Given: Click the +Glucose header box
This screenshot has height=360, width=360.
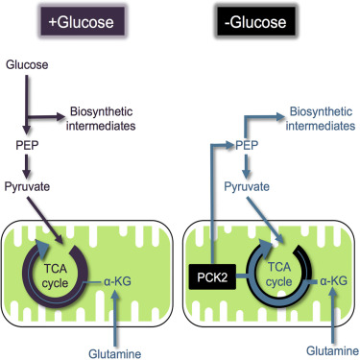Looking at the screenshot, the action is click(x=82, y=21).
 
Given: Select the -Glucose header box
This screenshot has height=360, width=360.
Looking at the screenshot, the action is click(x=255, y=21).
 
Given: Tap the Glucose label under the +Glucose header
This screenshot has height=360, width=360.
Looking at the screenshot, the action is click(x=27, y=64).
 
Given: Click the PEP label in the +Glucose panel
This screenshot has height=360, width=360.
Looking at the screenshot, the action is click(x=27, y=145).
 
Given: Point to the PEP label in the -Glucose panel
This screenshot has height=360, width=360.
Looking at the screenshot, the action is click(x=247, y=145).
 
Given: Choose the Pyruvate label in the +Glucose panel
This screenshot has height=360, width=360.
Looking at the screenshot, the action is click(x=27, y=186).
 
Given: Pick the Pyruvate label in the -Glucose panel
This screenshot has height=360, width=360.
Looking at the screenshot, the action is click(x=247, y=186).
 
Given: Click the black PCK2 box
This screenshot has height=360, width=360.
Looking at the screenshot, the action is click(x=212, y=276).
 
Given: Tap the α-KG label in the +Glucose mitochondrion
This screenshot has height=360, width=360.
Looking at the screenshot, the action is click(x=117, y=281).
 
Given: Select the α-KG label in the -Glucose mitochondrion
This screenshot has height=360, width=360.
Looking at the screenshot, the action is click(x=333, y=281).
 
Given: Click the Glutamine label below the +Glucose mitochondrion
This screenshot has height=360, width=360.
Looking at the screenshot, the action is click(x=115, y=354).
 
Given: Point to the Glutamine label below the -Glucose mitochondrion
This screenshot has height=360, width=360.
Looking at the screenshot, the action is click(x=332, y=350).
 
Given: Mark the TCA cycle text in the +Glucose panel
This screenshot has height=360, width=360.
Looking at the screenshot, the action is click(x=55, y=276).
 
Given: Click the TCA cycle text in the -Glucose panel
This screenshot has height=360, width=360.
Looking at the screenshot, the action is click(x=279, y=275).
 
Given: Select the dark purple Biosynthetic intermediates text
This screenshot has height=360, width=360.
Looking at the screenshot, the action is click(x=101, y=119).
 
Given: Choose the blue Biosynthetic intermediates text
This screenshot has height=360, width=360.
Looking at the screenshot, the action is click(x=321, y=119).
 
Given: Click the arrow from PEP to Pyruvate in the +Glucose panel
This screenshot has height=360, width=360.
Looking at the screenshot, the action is click(x=27, y=166).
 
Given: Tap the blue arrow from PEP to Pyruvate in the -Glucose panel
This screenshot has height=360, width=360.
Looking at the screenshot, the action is click(x=246, y=166).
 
